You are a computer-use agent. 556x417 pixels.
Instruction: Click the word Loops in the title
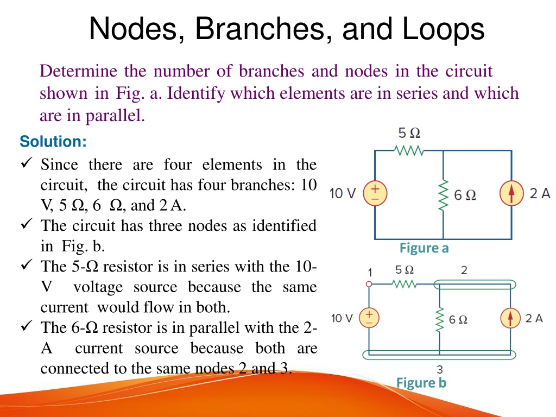click(443, 29)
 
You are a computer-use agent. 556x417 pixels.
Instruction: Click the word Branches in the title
click(260, 29)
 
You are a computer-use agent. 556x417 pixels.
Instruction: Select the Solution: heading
click(53, 142)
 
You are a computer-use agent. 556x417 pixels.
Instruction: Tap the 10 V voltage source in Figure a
click(375, 194)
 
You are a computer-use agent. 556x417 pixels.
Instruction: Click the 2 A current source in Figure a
click(511, 193)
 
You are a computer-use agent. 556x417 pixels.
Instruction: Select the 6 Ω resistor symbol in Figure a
click(443, 195)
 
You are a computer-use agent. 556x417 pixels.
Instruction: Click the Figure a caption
click(424, 248)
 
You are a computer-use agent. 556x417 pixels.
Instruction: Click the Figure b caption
click(421, 383)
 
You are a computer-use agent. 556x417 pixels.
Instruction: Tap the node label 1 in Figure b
click(370, 273)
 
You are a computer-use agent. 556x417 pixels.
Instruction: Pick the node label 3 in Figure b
click(440, 369)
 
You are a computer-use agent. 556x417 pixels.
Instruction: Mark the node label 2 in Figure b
click(464, 270)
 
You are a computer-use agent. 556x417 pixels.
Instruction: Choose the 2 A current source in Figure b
click(510, 318)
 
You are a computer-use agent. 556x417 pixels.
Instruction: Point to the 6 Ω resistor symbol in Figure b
click(440, 319)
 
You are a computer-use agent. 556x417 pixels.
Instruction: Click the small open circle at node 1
click(369, 284)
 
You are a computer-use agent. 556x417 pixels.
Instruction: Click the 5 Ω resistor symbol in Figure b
click(404, 284)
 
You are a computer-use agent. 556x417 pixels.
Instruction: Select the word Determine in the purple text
click(78, 71)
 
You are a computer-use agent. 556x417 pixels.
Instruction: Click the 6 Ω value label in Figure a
click(465, 195)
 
